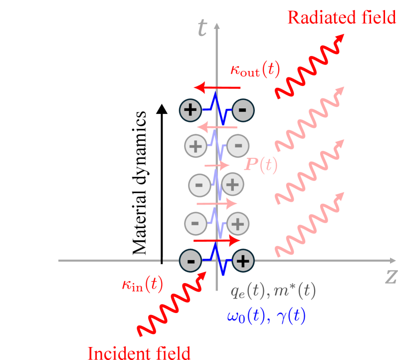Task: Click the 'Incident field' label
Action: click(x=139, y=353)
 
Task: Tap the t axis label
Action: click(x=202, y=29)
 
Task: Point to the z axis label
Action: click(x=390, y=276)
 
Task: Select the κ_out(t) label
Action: click(x=255, y=70)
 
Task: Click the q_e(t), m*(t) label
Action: click(x=273, y=291)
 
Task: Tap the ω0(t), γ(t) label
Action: click(x=266, y=317)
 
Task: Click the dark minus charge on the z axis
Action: click(x=191, y=261)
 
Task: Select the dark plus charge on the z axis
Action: click(x=243, y=261)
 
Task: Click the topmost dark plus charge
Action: click(x=191, y=109)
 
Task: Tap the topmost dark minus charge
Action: click(x=243, y=109)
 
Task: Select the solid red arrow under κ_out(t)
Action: click(x=217, y=88)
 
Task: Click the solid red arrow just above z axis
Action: click(x=217, y=240)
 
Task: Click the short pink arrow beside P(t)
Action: click(x=217, y=165)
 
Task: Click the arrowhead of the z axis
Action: click(x=392, y=261)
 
